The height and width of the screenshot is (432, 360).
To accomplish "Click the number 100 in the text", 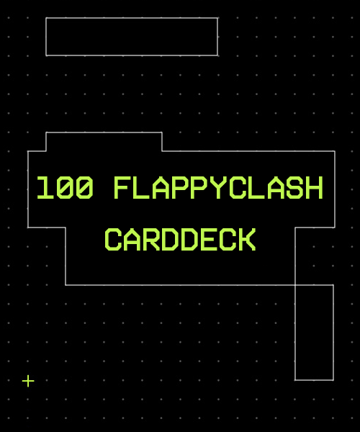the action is pyautogui.click(x=65, y=188).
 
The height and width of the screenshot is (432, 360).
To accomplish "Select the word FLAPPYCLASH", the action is pyautogui.click(x=218, y=188).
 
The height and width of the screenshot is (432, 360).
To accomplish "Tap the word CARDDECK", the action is pyautogui.click(x=180, y=240).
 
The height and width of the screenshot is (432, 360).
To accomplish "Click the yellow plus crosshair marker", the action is pyautogui.click(x=28, y=381).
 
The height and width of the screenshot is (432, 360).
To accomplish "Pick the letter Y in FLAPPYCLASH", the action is pyautogui.click(x=218, y=188).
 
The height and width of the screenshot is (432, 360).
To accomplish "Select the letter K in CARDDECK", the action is pyautogui.click(x=248, y=240).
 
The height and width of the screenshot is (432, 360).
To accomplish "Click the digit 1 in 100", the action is pyautogui.click(x=45, y=188).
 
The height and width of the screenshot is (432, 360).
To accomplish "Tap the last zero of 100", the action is pyautogui.click(x=84, y=188).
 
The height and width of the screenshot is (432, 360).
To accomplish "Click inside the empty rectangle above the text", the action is pyautogui.click(x=132, y=37).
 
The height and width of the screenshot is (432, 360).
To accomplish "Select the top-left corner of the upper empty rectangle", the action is pyautogui.click(x=46, y=18).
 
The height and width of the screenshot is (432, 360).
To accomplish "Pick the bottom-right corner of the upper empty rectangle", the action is pyautogui.click(x=218, y=55).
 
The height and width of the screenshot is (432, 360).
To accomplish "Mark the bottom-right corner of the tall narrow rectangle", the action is pyautogui.click(x=333, y=380).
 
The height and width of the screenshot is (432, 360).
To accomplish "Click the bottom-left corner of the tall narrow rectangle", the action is pyautogui.click(x=295, y=380).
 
